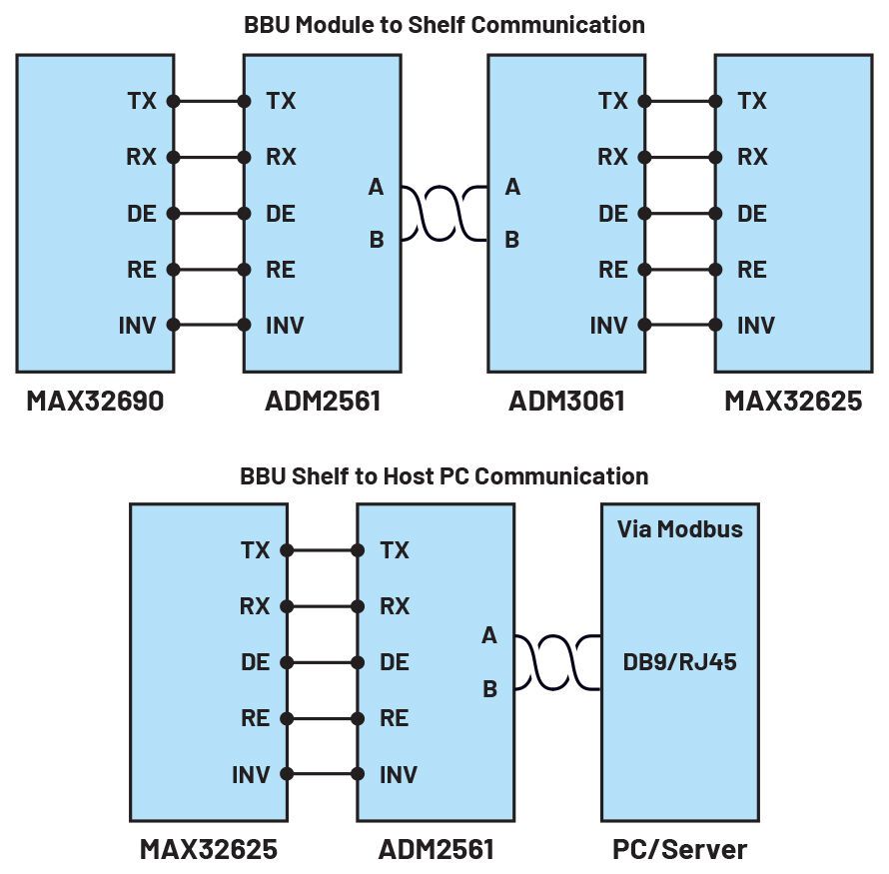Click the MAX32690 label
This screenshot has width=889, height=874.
click(95, 401)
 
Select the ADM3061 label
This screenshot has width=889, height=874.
click(566, 401)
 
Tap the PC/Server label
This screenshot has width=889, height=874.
click(679, 850)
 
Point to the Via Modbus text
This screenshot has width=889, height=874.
click(679, 528)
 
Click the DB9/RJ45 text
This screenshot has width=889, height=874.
click(679, 661)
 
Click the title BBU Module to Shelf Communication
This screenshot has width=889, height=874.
click(444, 25)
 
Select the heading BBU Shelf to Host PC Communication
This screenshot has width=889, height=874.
click(444, 475)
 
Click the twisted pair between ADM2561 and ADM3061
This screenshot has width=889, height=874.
click(444, 213)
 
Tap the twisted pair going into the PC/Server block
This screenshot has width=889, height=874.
click(557, 662)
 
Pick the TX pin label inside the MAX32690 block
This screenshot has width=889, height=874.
click(141, 101)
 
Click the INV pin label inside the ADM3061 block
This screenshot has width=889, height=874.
click(608, 325)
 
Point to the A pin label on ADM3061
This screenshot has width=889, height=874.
click(512, 187)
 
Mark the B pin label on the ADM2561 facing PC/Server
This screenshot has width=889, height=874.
click(489, 688)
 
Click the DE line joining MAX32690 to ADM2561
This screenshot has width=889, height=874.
click(209, 213)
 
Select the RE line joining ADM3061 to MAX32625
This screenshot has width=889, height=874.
click(679, 269)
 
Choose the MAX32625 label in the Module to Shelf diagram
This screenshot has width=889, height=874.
click(793, 401)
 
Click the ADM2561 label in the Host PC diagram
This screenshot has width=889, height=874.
click(436, 850)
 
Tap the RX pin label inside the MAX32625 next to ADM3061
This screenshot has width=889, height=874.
click(752, 157)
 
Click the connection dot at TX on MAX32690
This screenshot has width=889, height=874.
click(174, 101)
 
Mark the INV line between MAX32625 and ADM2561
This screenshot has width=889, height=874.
click(323, 774)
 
